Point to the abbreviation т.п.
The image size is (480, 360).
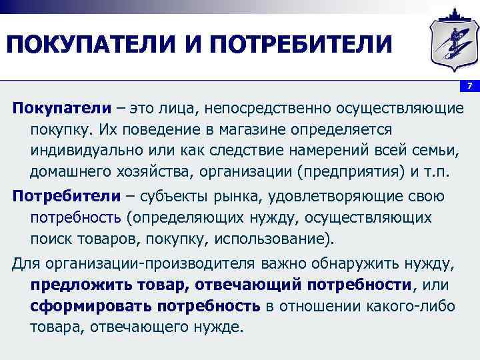pos(437,171)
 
